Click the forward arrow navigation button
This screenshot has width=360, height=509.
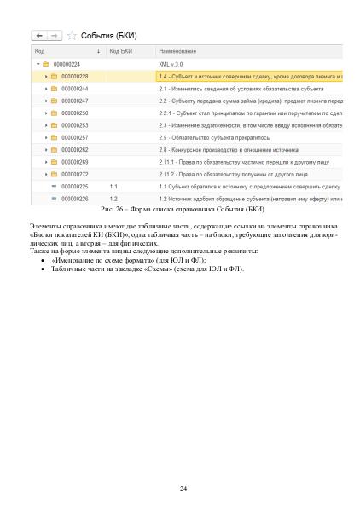(55, 35)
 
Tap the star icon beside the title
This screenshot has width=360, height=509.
(72, 35)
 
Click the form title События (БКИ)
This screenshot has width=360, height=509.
(108, 35)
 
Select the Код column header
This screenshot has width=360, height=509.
(40, 52)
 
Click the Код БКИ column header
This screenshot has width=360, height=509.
(121, 52)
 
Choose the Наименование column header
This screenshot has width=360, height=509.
(177, 52)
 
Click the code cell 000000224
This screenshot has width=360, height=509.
(67, 64)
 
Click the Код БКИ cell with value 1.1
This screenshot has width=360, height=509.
(113, 186)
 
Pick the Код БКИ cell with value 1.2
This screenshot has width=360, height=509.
(113, 198)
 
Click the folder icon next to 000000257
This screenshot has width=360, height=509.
(54, 137)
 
